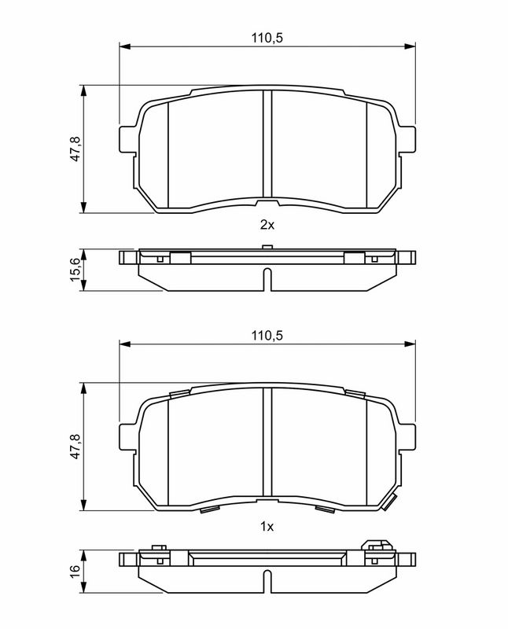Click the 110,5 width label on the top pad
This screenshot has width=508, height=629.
(x=267, y=38)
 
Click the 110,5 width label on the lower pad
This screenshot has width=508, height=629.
(x=267, y=335)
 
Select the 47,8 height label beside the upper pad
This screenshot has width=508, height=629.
(x=75, y=149)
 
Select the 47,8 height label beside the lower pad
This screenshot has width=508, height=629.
(x=75, y=446)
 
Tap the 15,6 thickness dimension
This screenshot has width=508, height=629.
(x=75, y=270)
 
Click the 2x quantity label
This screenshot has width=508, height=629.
(x=267, y=225)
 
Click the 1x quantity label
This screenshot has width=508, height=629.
(x=267, y=526)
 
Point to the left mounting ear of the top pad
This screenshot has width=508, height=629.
(x=128, y=139)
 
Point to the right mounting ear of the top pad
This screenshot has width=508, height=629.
(x=406, y=139)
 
